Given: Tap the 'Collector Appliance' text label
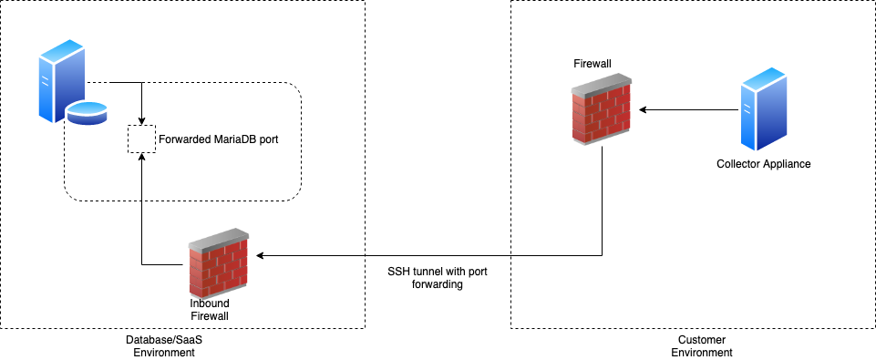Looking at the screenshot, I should point(763,164).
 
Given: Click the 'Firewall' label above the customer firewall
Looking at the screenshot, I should point(593,63).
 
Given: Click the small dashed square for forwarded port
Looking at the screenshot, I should point(141,139).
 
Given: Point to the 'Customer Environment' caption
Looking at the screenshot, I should point(701,346).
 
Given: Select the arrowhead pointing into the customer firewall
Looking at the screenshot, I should point(643,110).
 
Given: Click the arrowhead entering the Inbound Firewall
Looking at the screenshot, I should point(261,256).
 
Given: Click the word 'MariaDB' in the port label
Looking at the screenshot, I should point(232,140).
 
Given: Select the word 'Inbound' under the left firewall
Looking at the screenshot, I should point(209,303).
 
